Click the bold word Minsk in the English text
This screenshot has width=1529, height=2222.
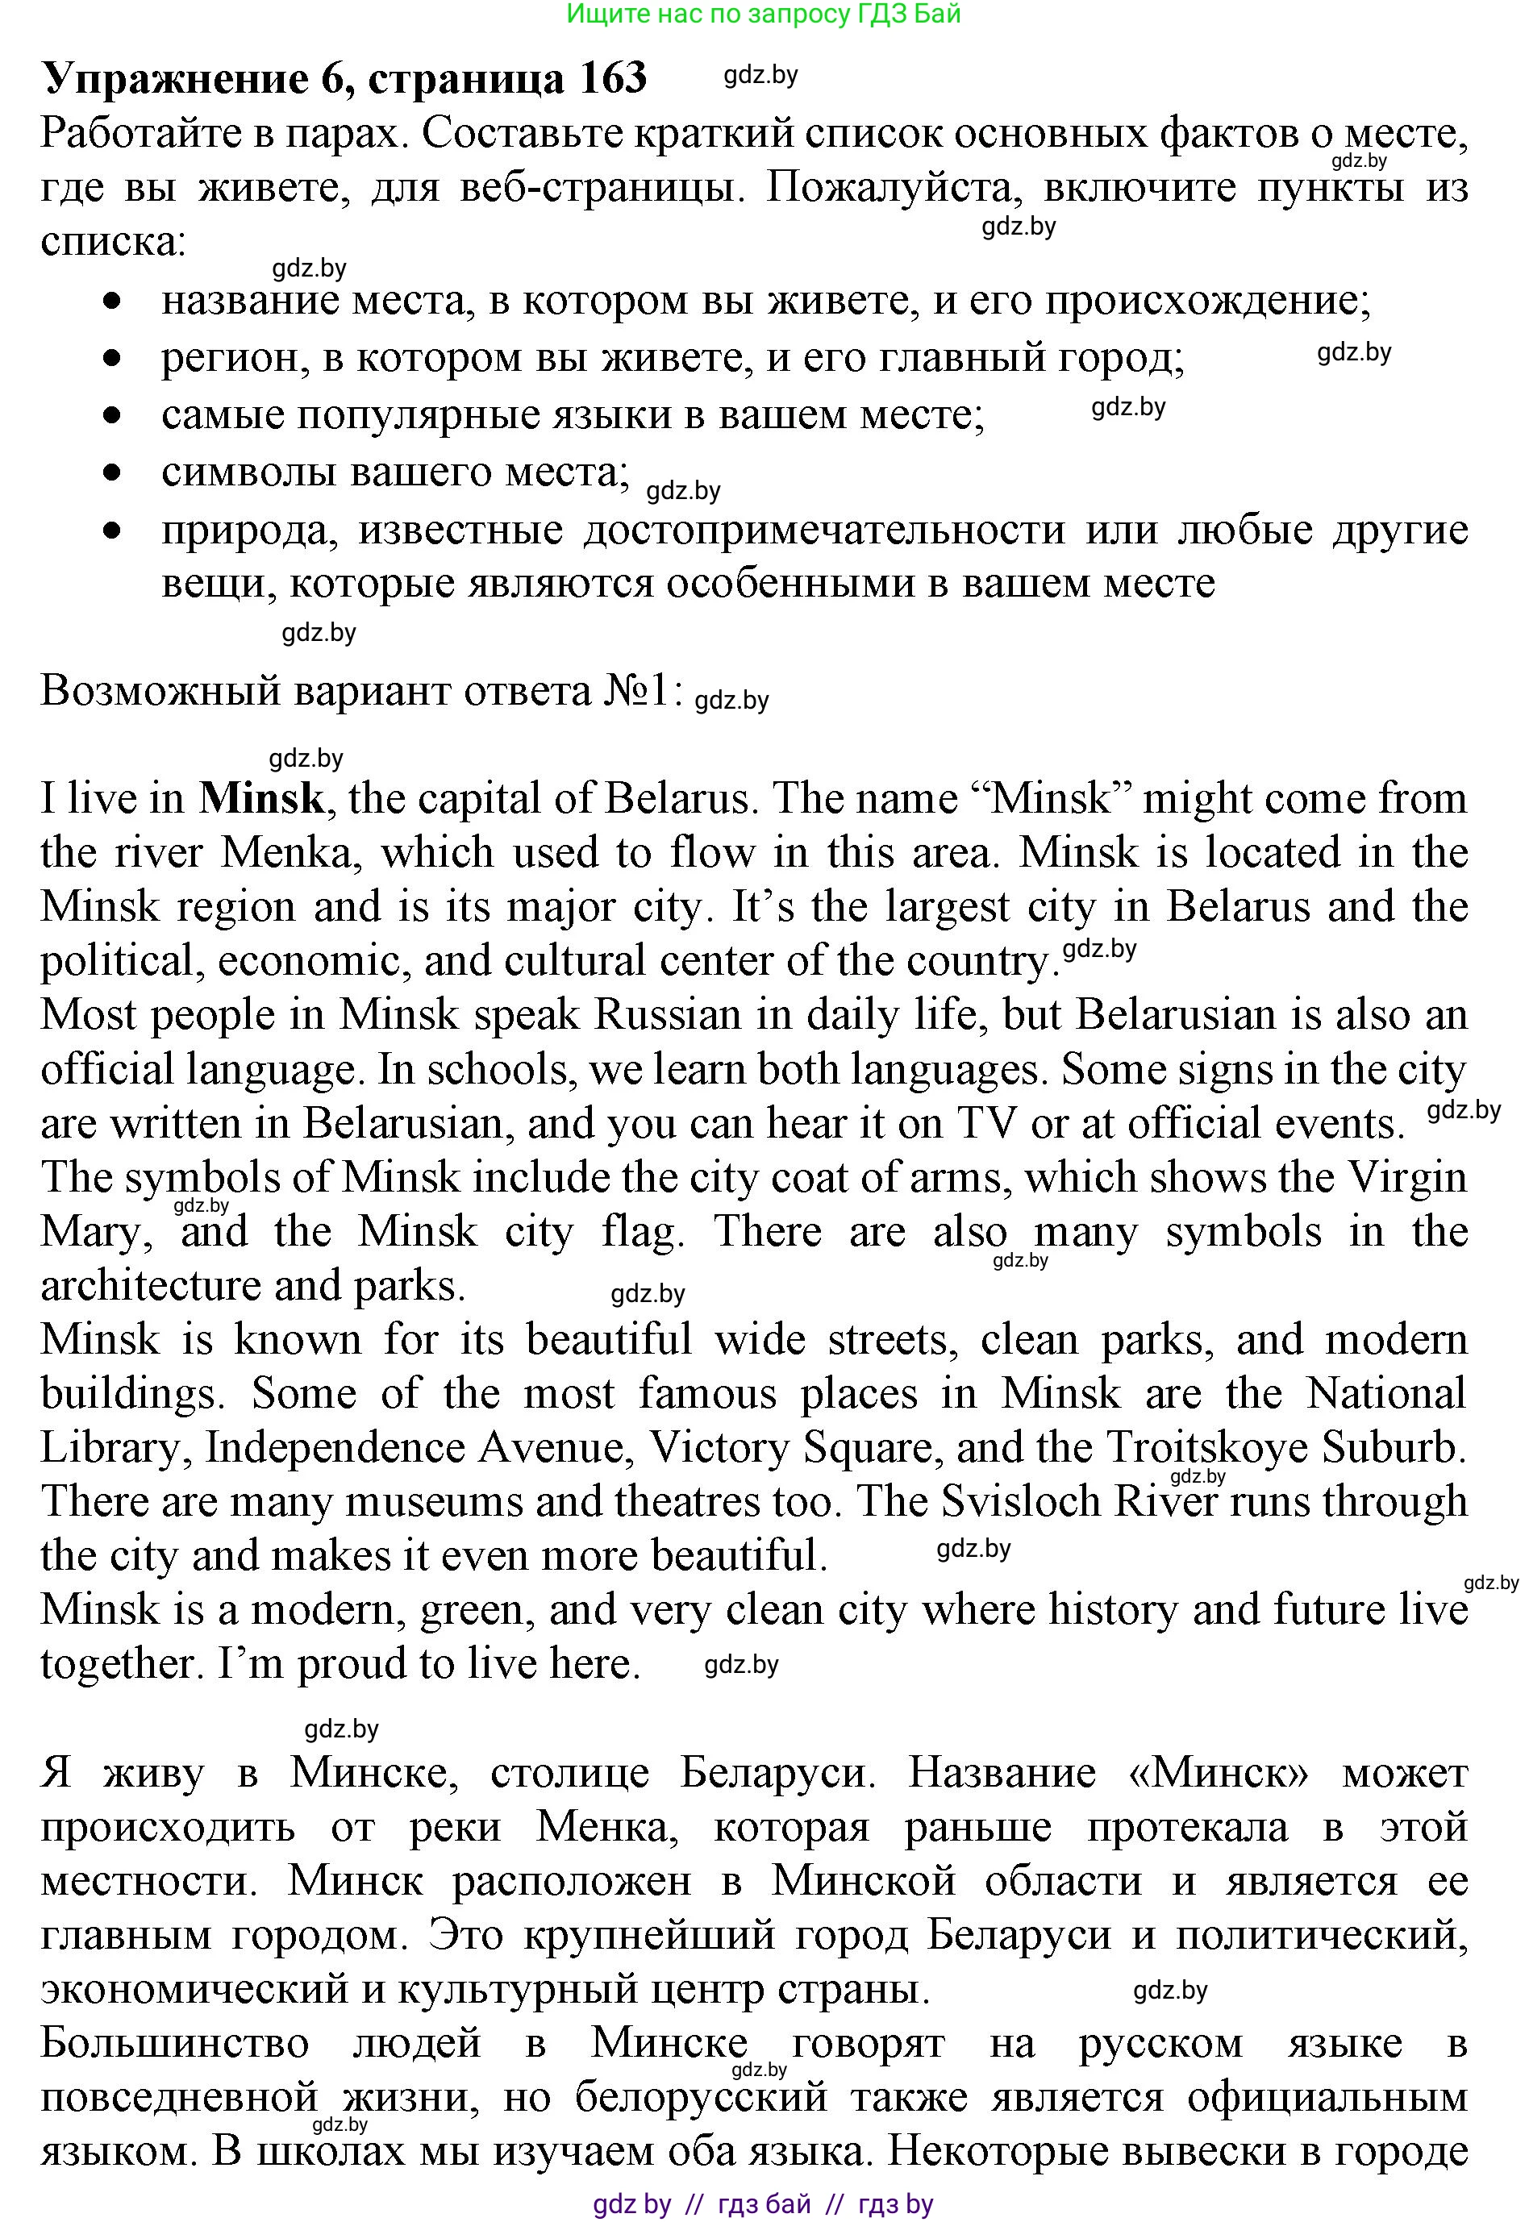(260, 799)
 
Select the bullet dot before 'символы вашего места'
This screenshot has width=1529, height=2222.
(114, 472)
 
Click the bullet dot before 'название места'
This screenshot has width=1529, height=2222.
(114, 301)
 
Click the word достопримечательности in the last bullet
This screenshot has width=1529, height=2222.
(824, 529)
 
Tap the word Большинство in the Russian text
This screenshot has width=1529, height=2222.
(174, 2043)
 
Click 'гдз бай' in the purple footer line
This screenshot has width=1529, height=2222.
(764, 2203)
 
